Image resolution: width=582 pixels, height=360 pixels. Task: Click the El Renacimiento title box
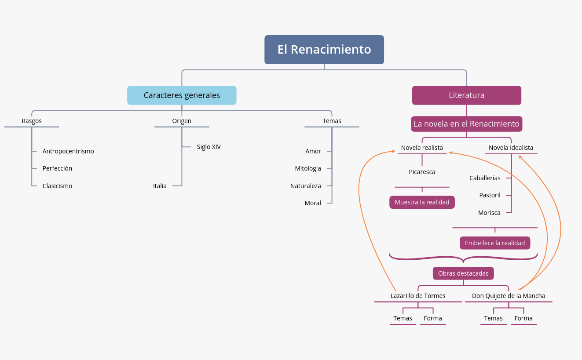(x=324, y=50)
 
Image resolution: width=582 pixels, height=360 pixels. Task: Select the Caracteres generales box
(x=182, y=95)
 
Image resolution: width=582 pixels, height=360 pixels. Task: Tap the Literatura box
(x=466, y=95)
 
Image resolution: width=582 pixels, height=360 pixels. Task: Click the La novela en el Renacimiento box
(x=466, y=124)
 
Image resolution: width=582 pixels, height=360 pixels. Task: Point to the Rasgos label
(x=32, y=121)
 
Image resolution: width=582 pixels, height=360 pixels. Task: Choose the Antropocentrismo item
(x=68, y=151)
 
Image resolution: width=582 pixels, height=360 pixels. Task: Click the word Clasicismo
(x=57, y=186)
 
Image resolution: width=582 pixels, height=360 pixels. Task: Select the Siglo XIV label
(x=209, y=147)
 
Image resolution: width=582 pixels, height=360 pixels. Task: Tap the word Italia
(x=160, y=186)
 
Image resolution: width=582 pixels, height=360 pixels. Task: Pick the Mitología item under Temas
(x=308, y=168)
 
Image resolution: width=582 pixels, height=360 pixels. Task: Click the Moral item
(x=313, y=203)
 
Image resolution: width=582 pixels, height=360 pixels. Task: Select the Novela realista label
(x=422, y=148)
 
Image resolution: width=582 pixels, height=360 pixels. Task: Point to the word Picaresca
(x=422, y=172)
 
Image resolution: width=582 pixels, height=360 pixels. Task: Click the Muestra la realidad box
(x=422, y=202)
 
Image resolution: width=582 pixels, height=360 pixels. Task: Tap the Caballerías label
(x=485, y=178)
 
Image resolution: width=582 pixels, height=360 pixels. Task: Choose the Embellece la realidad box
(x=494, y=243)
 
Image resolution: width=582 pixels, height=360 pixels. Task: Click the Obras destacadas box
(x=463, y=273)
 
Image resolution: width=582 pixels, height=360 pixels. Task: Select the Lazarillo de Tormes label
(x=418, y=296)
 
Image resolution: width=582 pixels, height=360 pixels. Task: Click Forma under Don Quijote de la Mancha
(x=523, y=318)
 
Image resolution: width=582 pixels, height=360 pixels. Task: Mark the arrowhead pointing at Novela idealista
(x=520, y=156)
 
